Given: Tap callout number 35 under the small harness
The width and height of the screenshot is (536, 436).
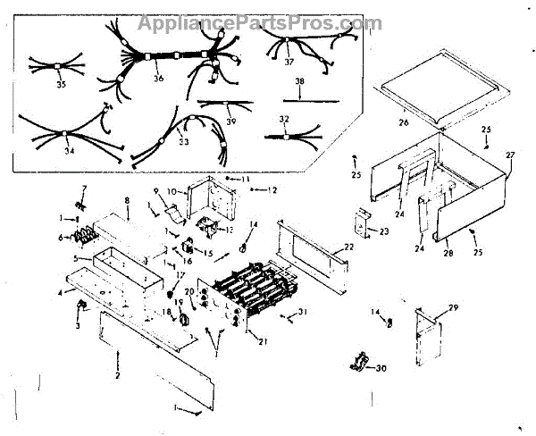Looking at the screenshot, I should pos(61,85).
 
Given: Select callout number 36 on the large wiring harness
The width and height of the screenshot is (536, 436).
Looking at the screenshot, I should pos(158,78).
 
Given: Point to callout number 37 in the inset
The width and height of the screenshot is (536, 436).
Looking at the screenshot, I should pos(289,63).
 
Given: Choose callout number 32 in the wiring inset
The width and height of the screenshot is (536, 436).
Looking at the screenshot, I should pos(284,118).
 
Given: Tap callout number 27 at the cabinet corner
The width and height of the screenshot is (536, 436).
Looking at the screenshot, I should pos(511,155).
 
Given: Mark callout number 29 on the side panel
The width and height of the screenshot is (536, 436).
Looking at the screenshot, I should pos(454,307).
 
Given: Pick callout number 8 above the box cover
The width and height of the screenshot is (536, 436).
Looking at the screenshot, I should pos(128,200).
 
